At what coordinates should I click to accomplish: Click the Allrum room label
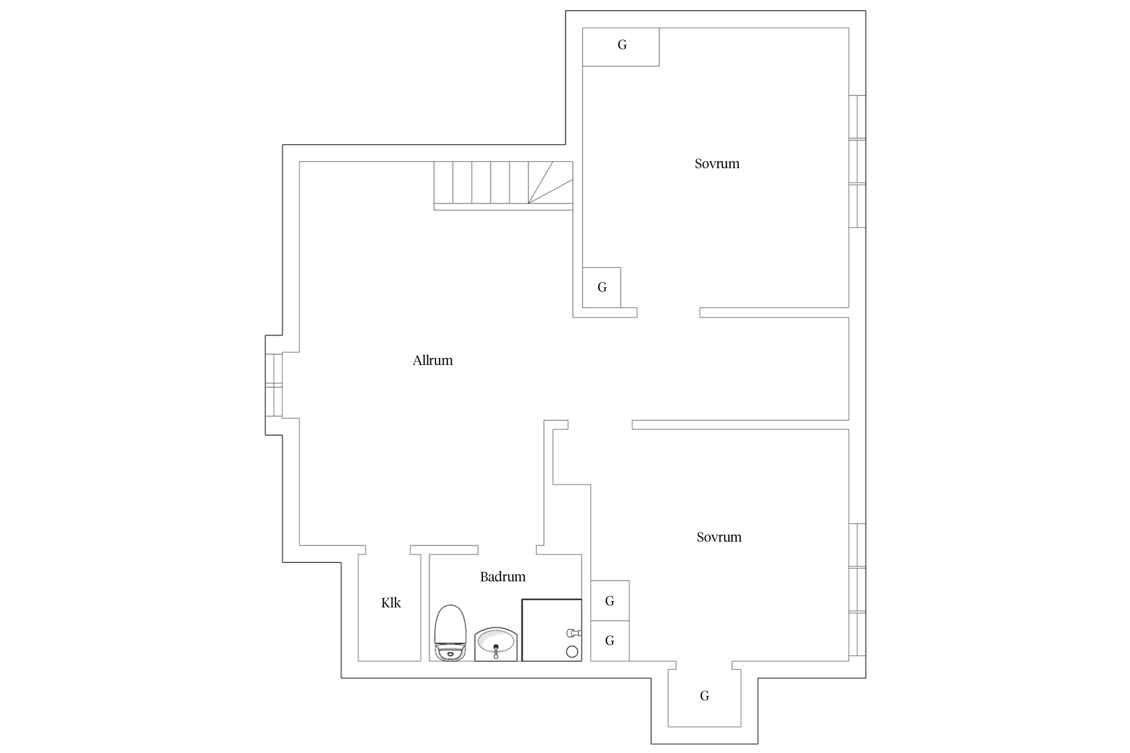[x=432, y=360]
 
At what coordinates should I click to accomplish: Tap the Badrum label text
[x=503, y=577]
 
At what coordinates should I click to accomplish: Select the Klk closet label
[x=391, y=603]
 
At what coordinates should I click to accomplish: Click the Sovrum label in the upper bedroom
[x=717, y=164]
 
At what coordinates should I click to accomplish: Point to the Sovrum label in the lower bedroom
[x=719, y=537]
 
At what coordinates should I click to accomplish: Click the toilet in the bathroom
[x=450, y=633]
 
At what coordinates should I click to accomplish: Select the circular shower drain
[x=572, y=652]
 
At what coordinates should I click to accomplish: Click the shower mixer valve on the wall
[x=574, y=633]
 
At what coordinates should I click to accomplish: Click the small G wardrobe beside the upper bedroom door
[x=602, y=287]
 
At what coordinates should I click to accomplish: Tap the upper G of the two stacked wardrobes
[x=610, y=601]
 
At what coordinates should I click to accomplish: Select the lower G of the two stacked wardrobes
[x=610, y=641]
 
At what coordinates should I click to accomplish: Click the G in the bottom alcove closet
[x=705, y=696]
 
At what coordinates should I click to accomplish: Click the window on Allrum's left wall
[x=274, y=385]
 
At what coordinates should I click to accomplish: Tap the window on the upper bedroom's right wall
[x=857, y=161]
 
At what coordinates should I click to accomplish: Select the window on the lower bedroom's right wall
[x=857, y=590]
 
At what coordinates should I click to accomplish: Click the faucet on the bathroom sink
[x=496, y=651]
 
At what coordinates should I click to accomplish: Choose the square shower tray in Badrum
[x=551, y=630]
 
